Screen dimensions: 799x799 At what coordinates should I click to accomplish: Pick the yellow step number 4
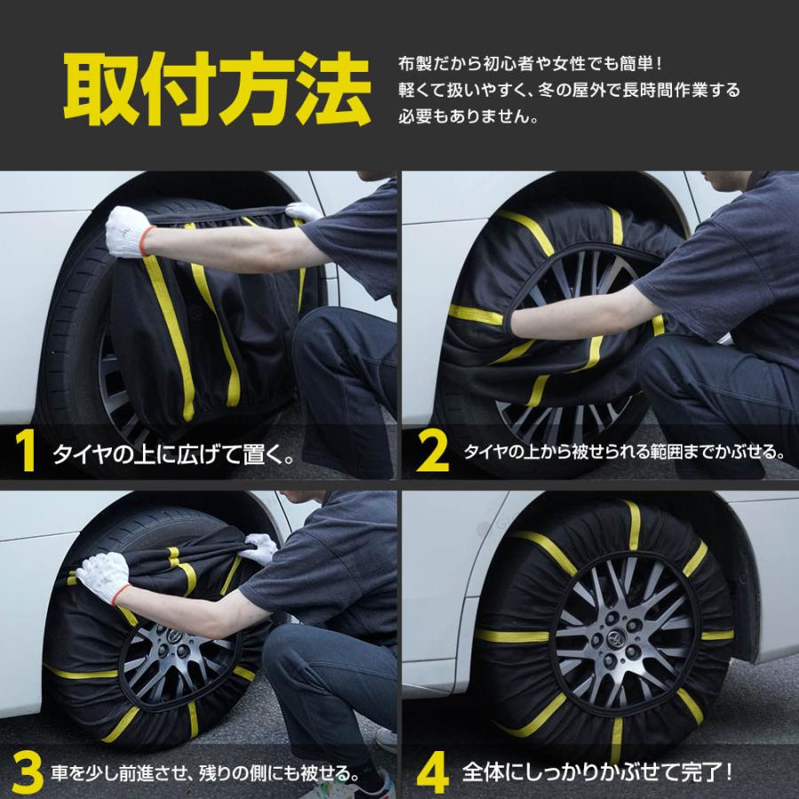coord(432,773)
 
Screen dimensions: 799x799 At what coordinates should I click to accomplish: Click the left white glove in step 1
coord(128,231)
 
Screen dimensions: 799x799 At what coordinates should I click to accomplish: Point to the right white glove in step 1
coord(304,212)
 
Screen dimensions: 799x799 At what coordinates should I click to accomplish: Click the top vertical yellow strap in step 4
coord(632,524)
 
